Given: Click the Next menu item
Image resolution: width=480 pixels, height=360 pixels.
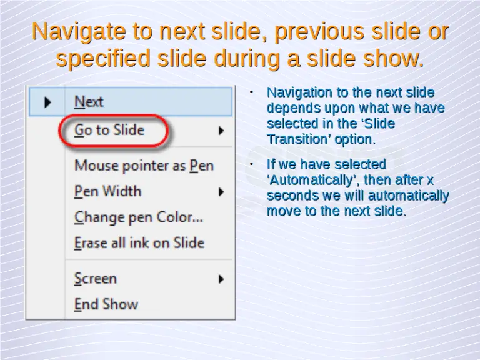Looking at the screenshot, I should (89, 102).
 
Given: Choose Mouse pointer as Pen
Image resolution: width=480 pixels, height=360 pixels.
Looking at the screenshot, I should (144, 166).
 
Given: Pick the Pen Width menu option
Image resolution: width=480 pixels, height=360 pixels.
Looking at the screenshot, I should (108, 191).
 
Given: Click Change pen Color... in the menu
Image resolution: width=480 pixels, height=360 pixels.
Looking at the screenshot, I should (139, 217).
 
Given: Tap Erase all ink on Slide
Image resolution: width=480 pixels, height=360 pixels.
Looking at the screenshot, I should (139, 243).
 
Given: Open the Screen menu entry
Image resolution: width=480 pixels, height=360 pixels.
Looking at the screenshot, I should (96, 279).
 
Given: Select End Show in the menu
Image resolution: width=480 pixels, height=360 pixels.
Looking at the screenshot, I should (106, 304).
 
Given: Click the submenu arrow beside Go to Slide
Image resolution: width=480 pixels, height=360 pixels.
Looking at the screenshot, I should (221, 131).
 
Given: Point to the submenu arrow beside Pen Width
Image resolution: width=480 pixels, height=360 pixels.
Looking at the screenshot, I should (221, 192).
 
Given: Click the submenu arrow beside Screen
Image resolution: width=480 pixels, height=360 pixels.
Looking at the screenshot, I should (221, 279).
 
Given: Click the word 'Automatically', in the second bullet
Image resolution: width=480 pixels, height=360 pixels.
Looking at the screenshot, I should (313, 181).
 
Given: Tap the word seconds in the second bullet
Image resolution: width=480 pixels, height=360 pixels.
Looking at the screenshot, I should (290, 196).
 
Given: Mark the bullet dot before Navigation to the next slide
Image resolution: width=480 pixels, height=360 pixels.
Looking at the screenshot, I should (250, 92).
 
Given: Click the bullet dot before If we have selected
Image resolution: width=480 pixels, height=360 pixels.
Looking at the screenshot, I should (250, 164).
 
